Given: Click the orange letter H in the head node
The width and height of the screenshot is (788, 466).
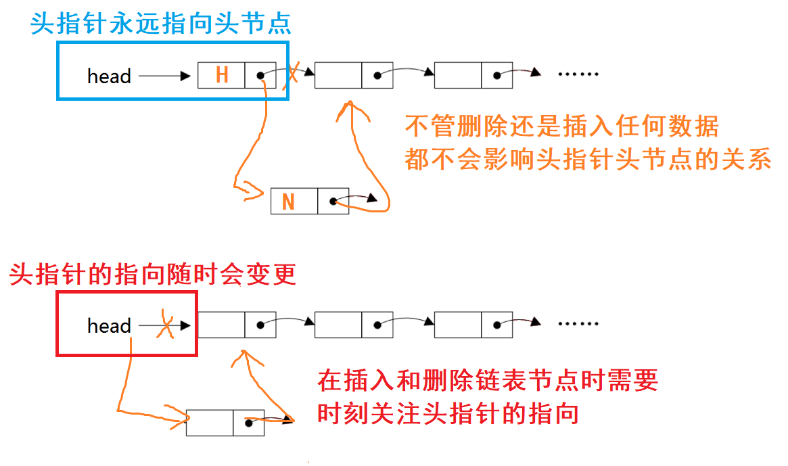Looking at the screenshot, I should tap(221, 75).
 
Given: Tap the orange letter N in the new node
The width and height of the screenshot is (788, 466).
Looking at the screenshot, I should tap(288, 202).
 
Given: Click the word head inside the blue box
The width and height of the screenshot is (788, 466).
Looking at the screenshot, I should tap(109, 76).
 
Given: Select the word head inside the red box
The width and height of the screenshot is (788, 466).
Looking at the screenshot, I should tap(109, 326).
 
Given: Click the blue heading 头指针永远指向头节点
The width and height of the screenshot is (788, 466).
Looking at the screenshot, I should tap(161, 24).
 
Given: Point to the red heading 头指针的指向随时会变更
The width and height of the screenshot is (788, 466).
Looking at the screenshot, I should tap(152, 275).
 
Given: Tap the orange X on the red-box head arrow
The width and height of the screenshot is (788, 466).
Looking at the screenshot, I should tap(164, 326).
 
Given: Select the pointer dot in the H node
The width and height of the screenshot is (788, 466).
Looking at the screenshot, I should tap(260, 76).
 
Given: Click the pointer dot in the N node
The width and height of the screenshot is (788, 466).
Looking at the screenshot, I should tap(332, 202).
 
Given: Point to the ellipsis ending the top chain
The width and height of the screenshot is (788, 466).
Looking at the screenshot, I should tap(579, 74).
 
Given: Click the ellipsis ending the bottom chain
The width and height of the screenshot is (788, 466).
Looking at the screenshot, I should tap(579, 324).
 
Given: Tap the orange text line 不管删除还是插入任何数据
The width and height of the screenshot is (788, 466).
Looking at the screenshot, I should tap(561, 126).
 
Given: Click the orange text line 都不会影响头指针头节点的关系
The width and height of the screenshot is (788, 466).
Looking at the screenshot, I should tap(588, 160).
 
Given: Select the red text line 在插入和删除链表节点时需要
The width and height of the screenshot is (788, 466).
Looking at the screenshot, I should tap(488, 381).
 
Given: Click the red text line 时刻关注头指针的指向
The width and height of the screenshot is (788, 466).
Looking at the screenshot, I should tap(448, 413).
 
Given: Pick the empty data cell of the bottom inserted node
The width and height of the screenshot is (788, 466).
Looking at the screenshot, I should tap(210, 423).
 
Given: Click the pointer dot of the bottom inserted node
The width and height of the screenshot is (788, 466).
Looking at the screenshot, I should tap(249, 423).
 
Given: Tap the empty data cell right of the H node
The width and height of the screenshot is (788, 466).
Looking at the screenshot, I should tap(338, 76).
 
